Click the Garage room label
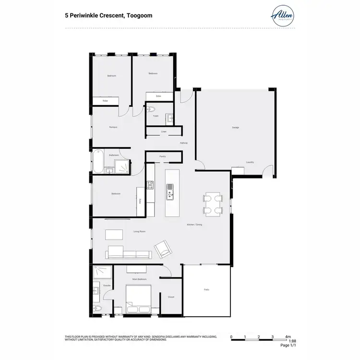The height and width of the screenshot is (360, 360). pos(235,127)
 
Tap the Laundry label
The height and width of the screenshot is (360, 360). pos(250,162)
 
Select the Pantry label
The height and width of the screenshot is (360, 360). pos(163,156)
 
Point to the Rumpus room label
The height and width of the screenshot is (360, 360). pos(113,127)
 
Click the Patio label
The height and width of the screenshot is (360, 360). pos(206,289)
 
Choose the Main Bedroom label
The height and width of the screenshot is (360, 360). pos(139,279)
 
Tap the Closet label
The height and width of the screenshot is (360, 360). pos(171,297)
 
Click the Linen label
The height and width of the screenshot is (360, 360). pos(164,131)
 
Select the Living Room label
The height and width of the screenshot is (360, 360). pos(139,232)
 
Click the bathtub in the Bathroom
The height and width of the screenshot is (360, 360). pos(98,162)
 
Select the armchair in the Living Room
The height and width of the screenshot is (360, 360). pos(162,249)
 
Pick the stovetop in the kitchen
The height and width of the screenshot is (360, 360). pos(150,184)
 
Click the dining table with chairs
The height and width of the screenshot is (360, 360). pos(213,204)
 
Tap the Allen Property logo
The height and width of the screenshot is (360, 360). pos(282,16)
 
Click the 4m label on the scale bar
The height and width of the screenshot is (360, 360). pos(288,336)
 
